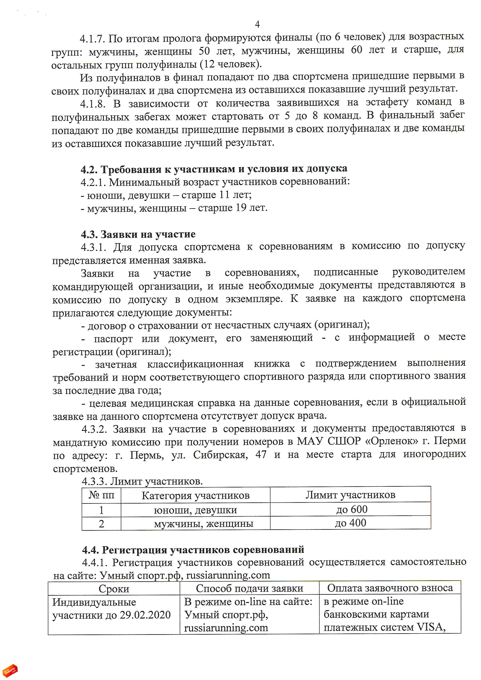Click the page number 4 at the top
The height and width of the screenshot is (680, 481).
[x=257, y=24]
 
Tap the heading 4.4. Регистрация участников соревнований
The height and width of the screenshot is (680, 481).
[x=193, y=550]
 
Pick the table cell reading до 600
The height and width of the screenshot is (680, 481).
[x=352, y=509]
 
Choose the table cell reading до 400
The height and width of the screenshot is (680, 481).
[x=350, y=523]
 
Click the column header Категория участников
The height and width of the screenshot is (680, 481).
[x=196, y=495]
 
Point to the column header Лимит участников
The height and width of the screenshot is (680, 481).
[x=350, y=495]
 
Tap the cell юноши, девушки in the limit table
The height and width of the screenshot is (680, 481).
[x=196, y=510]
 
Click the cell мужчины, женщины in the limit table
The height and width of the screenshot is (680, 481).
[x=203, y=524]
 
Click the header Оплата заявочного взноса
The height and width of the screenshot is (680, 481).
[x=390, y=588]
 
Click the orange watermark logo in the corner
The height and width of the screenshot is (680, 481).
[x=10, y=670]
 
